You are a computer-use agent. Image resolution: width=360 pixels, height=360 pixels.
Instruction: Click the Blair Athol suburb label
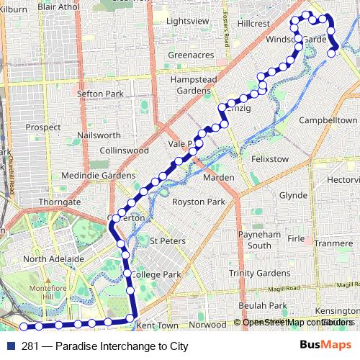tap(58, 6)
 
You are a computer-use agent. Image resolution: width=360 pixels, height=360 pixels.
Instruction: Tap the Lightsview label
tap(187, 21)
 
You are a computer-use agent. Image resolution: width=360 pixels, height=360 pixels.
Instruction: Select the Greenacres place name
tap(191, 54)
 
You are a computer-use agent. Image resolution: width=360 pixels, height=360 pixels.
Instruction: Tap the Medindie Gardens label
tap(98, 176)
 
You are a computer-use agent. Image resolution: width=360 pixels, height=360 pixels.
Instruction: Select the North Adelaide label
tap(53, 258)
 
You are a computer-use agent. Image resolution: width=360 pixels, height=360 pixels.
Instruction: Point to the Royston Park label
tap(199, 202)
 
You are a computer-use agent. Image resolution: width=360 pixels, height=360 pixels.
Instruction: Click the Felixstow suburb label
tap(269, 158)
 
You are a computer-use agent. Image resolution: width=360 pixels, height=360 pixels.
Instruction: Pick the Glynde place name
tap(293, 195)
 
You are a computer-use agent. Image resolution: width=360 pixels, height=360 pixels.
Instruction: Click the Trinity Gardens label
tap(259, 273)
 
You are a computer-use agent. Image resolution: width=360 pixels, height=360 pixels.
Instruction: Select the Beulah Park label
tap(264, 306)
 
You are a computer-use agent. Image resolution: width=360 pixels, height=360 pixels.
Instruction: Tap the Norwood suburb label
tap(207, 325)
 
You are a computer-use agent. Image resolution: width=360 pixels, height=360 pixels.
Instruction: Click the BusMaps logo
tap(321, 346)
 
